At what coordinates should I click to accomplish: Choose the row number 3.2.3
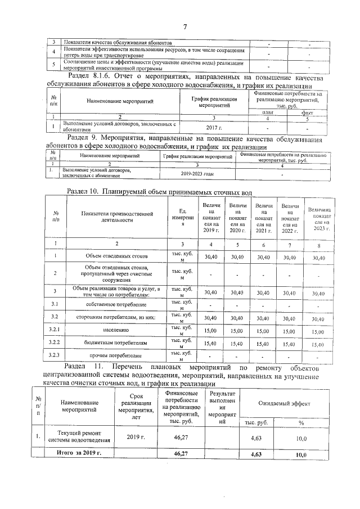click(55, 355)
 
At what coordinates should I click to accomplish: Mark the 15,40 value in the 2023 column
click(318, 344)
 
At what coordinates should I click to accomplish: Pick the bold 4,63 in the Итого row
click(256, 453)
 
